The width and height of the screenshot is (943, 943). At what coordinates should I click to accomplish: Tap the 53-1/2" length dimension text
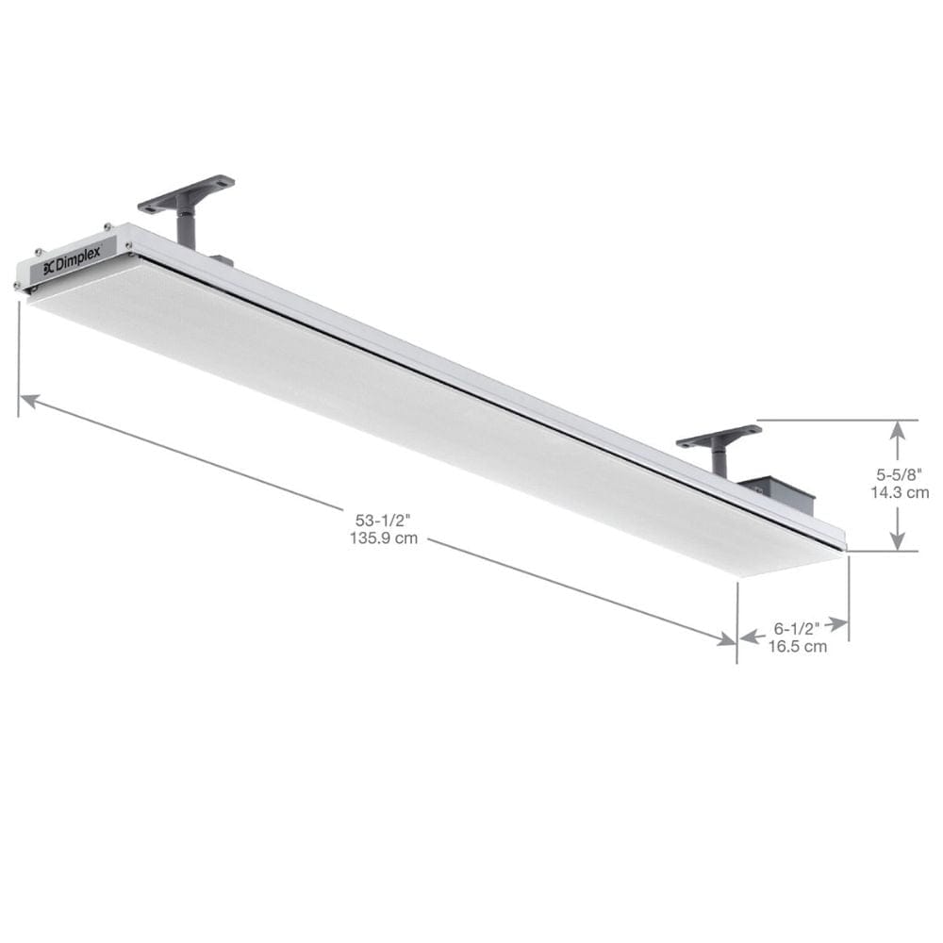click(383, 520)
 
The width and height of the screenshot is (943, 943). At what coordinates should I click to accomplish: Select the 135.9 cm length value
click(383, 539)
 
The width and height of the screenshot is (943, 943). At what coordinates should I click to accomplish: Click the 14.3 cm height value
click(900, 491)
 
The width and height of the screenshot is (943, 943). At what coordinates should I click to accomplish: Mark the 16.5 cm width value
click(797, 647)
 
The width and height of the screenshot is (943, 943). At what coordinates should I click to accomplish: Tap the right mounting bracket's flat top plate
click(720, 437)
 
